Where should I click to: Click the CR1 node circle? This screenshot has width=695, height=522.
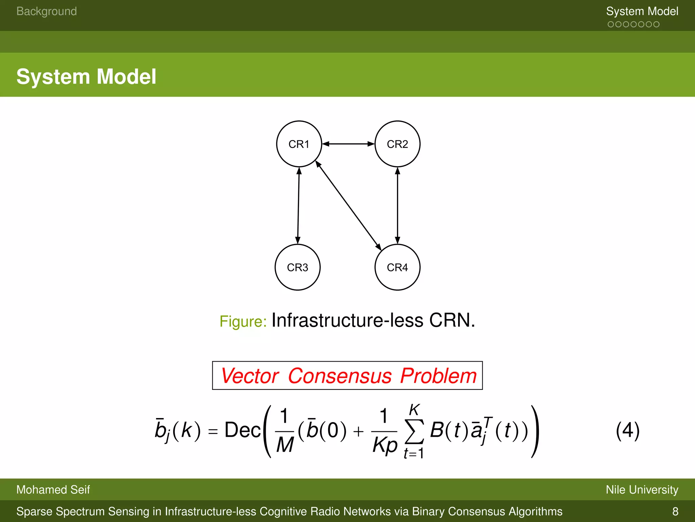[299, 144]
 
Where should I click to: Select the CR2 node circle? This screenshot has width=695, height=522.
[397, 144]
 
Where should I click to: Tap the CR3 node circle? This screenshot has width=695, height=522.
[297, 267]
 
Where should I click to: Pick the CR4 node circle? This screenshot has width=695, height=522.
[397, 267]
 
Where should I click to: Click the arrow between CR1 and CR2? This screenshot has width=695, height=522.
[348, 144]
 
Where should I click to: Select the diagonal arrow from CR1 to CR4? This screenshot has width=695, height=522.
[348, 205]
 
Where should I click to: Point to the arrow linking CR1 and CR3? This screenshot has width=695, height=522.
[298, 205]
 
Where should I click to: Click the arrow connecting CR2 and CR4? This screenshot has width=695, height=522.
[397, 205]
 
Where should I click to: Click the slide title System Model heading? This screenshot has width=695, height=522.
[86, 76]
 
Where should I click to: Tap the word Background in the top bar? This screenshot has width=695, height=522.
[46, 11]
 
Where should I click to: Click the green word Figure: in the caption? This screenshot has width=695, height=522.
[243, 321]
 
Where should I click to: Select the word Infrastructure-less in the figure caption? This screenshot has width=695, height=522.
[347, 320]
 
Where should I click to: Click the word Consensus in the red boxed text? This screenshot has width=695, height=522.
[340, 376]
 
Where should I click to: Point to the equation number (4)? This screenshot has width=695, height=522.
[627, 430]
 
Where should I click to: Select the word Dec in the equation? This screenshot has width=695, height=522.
[242, 430]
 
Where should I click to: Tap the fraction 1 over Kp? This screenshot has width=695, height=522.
[384, 431]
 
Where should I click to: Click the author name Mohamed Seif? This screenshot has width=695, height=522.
[53, 490]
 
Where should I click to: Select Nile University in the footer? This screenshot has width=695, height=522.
[642, 490]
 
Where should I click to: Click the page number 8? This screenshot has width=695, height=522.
[675, 511]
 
